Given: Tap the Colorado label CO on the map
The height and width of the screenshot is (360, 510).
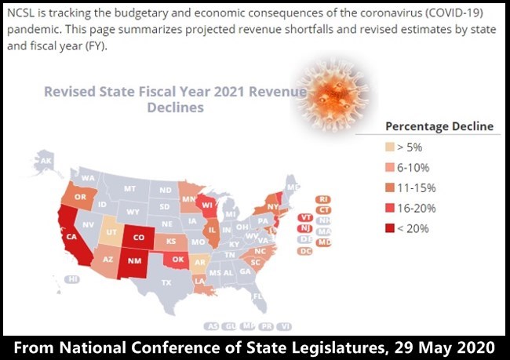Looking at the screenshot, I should point(138,237).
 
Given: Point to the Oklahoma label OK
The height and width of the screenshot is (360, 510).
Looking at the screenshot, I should point(180,259).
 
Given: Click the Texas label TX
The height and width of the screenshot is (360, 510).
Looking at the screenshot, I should point(166,282).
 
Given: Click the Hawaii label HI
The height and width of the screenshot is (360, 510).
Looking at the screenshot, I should point(72,279).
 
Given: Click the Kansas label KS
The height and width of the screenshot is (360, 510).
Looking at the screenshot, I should point(170,240).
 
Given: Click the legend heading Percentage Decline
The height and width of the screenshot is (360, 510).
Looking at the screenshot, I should point(439,125).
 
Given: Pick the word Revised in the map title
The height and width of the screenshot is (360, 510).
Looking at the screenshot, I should point(71,91).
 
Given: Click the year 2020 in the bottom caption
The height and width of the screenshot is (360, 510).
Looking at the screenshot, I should point(473,345).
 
